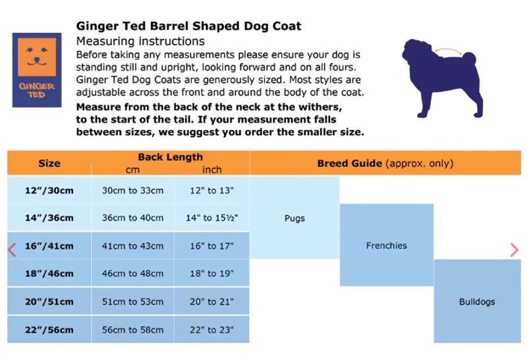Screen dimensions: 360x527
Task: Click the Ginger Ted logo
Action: (x=37, y=70)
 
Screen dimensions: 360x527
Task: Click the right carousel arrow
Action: (x=514, y=250)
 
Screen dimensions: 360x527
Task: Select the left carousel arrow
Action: (x=11, y=250)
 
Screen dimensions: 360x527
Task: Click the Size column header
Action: (x=49, y=164)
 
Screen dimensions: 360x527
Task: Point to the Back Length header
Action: (x=170, y=157)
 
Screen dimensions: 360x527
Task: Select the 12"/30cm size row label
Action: (x=49, y=191)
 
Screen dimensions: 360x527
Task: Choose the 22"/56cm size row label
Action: (x=49, y=330)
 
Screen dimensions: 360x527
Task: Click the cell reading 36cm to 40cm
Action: (x=132, y=218)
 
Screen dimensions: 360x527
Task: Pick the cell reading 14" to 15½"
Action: (x=211, y=218)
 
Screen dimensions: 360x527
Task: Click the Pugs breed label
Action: (x=294, y=218)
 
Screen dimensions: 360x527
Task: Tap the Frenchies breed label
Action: (x=386, y=246)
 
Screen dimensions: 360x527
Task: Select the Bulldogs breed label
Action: (x=477, y=302)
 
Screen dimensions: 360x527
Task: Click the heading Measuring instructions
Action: (x=140, y=42)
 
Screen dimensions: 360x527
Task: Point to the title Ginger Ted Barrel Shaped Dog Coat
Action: (x=188, y=26)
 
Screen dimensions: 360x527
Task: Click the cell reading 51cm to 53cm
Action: (x=132, y=302)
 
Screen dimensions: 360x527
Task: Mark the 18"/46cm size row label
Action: (x=49, y=274)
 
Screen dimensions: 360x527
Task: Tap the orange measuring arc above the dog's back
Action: (x=448, y=51)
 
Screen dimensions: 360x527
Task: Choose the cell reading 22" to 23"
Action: (x=211, y=330)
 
